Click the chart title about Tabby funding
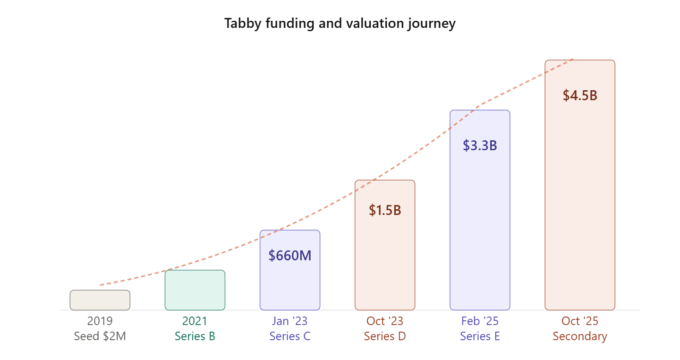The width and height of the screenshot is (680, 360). point(340,23)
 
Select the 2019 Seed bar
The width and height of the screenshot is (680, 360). point(100,300)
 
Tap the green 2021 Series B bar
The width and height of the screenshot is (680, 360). point(195,290)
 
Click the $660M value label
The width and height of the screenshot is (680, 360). point(290,256)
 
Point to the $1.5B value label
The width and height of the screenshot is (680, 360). point(385,210)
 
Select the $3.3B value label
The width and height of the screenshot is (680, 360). point(480,146)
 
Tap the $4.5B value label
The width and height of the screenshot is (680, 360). point(580,95)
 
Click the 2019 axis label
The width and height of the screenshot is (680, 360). point(100,321)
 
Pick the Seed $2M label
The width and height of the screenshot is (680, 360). point(100,336)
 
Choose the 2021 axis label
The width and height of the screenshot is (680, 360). point(195,321)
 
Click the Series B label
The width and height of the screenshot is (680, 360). point(195,336)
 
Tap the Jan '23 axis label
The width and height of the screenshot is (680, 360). point(290,321)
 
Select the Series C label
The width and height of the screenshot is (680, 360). point(290,336)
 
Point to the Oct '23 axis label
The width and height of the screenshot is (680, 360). point(385,321)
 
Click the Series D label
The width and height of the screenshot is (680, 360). point(385,336)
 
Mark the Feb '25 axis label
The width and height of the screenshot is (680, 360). point(480,321)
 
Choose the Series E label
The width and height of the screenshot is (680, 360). point(480,336)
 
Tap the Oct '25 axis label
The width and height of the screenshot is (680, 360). point(580,321)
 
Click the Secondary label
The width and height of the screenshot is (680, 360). point(580,336)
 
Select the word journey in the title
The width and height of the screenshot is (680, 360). point(433,23)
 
